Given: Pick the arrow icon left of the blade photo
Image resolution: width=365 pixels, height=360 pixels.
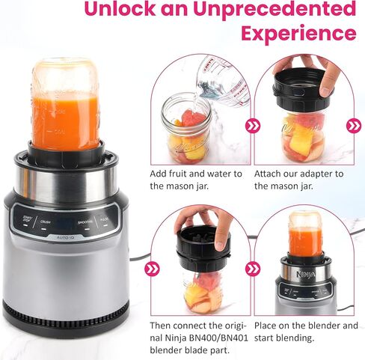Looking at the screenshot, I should pos(154,269).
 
